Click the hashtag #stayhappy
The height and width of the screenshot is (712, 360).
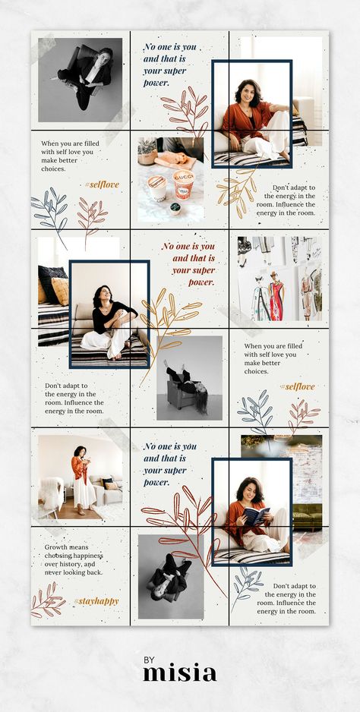96,602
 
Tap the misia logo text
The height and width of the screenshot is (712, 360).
179,673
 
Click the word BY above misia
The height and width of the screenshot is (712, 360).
150,660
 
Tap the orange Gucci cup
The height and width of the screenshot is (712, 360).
184,184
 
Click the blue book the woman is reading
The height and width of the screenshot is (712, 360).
257,516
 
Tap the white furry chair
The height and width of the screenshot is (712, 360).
52,495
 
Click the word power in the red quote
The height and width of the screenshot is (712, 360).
201,282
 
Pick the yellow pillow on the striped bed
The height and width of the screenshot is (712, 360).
60,291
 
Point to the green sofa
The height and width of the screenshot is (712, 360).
308,515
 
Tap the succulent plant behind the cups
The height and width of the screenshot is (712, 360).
148,147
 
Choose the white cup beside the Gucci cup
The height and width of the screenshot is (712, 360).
156,187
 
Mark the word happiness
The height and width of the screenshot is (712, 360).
87,556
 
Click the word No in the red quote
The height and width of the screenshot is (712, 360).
167,247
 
